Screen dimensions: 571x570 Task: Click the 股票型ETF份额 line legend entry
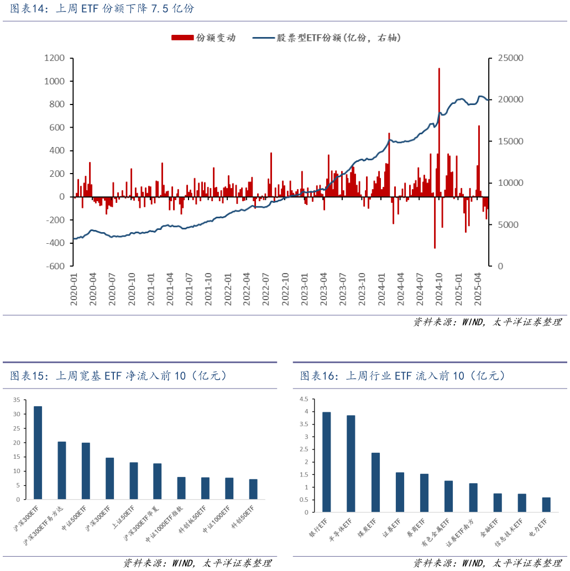326,38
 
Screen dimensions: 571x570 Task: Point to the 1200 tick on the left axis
54,58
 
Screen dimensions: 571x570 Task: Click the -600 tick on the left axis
55,266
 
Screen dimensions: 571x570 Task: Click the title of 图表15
118,376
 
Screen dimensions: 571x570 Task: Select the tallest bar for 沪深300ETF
38,453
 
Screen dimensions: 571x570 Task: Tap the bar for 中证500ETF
86,471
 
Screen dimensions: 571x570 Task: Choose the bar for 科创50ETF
253,489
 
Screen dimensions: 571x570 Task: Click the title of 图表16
402,376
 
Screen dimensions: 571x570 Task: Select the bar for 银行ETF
327,462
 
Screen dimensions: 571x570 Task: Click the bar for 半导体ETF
351,464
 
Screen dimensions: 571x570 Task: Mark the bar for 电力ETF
546,505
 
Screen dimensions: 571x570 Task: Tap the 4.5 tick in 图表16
304,399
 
